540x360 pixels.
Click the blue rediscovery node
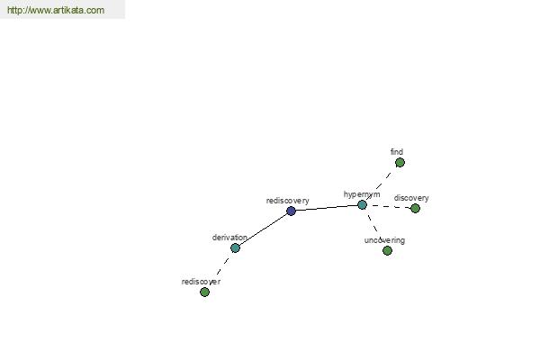coord(291,211)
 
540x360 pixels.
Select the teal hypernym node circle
coord(362,205)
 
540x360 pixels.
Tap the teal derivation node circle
coord(235,247)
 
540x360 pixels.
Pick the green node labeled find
coord(400,162)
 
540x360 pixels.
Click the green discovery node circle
coord(415,208)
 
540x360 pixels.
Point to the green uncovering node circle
coord(387,250)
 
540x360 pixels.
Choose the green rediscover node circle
coord(204,292)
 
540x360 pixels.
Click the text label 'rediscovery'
coord(288,201)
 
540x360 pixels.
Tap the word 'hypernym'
coord(362,194)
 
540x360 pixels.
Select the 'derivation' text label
coord(229,238)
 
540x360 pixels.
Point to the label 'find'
coord(397,151)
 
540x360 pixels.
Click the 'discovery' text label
coord(411,198)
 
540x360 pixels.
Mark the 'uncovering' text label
coord(384,240)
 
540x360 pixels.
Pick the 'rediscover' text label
coord(201,282)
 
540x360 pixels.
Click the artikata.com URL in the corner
coord(56,10)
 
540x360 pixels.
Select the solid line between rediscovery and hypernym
coord(327,208)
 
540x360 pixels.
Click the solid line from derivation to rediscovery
coord(263,229)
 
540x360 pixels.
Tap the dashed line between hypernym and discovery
coord(389,207)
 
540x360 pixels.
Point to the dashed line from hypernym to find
coord(381,184)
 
